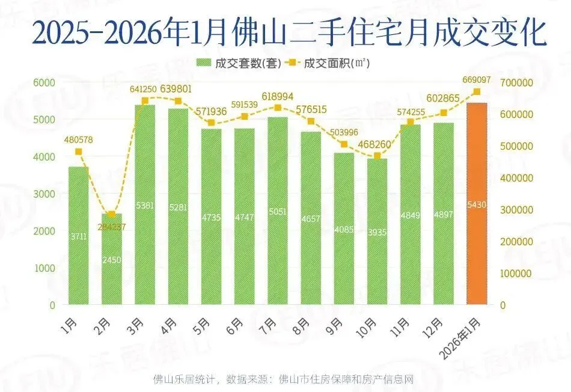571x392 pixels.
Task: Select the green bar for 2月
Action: coord(112,259)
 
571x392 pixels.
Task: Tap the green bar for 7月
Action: coord(278,210)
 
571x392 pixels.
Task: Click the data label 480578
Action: coord(79,140)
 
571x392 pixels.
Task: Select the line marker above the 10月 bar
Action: coord(377,156)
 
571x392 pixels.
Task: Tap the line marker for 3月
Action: coord(145,101)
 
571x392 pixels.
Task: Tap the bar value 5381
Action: coord(145,206)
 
